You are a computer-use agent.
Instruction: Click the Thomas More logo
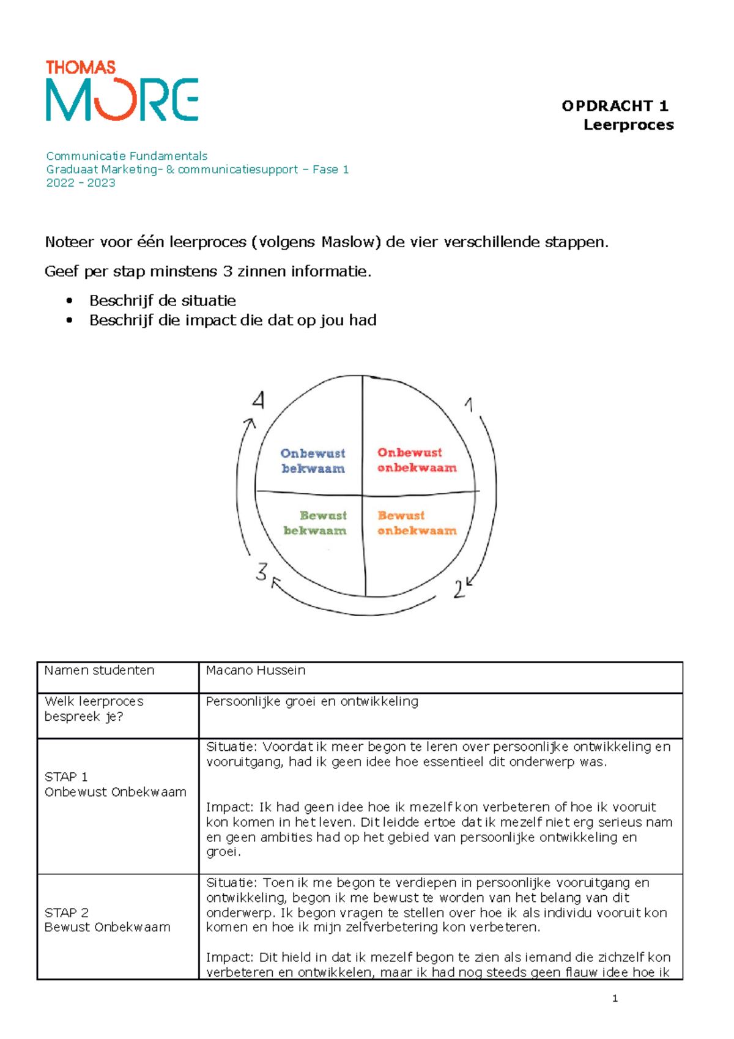coord(122,91)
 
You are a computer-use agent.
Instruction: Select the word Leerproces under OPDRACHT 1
coord(628,125)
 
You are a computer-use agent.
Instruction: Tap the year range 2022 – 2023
coord(81,183)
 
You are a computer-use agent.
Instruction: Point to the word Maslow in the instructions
coord(347,242)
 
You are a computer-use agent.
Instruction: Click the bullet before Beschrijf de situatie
coord(70,301)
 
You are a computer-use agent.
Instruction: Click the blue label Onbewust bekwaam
coord(313,461)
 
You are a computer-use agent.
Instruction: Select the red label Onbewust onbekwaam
coord(417,460)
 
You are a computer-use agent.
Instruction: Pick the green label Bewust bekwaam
coord(316,523)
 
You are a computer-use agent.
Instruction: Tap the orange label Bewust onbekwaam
coord(417,523)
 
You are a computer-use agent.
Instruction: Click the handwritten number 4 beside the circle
coord(259,401)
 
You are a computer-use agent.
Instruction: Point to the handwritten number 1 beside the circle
coord(469,404)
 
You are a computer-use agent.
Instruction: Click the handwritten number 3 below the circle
coord(262,572)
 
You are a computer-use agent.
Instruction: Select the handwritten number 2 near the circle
coord(459,590)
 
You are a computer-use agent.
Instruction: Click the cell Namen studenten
coord(100,671)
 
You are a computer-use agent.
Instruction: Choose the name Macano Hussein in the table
coord(256,671)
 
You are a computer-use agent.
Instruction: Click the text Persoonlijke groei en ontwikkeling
coord(312,702)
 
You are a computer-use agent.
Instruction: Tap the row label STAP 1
coord(66,777)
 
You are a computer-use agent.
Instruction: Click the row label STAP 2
coord(67,913)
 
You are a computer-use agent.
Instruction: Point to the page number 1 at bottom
coord(615,999)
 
